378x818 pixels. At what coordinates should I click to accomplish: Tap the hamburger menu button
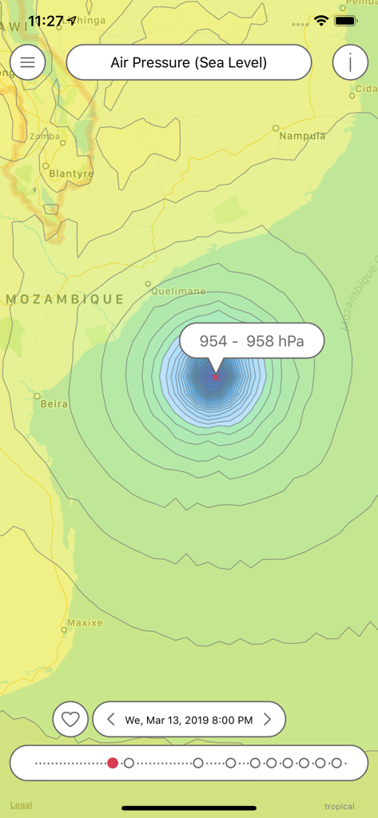pyautogui.click(x=28, y=62)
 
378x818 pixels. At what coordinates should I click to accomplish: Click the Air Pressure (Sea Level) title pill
pyautogui.click(x=189, y=62)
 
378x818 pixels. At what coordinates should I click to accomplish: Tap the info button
pyautogui.click(x=350, y=62)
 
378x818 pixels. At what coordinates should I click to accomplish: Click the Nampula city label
pyautogui.click(x=302, y=136)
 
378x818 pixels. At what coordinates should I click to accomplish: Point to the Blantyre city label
pyautogui.click(x=71, y=173)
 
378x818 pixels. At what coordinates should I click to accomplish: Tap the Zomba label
pyautogui.click(x=45, y=137)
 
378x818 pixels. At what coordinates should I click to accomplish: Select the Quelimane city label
pyautogui.click(x=178, y=292)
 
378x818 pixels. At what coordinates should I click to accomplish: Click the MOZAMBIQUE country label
pyautogui.click(x=66, y=300)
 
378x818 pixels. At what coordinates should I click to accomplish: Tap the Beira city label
pyautogui.click(x=54, y=404)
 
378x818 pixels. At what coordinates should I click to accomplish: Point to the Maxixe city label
pyautogui.click(x=85, y=622)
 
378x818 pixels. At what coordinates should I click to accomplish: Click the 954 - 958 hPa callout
pyautogui.click(x=252, y=341)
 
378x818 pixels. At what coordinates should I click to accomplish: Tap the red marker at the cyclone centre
pyautogui.click(x=215, y=377)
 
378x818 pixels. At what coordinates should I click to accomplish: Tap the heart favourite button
pyautogui.click(x=70, y=720)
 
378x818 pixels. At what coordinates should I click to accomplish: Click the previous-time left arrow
pyautogui.click(x=112, y=720)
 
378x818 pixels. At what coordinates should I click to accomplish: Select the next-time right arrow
pyautogui.click(x=268, y=720)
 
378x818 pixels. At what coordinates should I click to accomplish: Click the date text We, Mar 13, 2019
pyautogui.click(x=189, y=720)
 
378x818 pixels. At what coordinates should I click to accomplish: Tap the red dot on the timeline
pyautogui.click(x=113, y=763)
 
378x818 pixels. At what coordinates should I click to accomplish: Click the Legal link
pyautogui.click(x=21, y=805)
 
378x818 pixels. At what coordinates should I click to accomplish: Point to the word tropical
pyautogui.click(x=339, y=806)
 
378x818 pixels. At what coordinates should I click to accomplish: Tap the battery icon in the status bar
pyautogui.click(x=345, y=20)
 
